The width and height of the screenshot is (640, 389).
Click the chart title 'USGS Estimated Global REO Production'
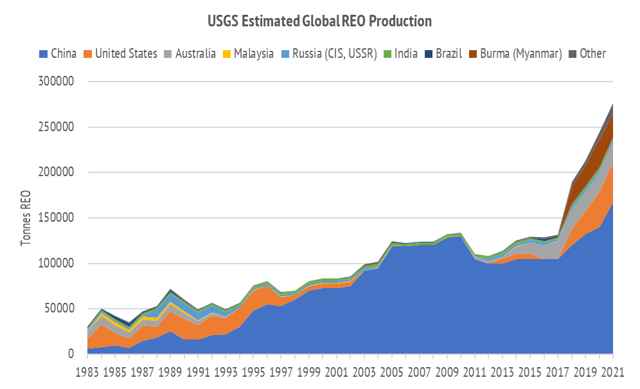(319, 21)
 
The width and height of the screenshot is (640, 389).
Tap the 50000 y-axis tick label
(60, 309)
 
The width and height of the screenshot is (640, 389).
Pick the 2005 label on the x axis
(392, 372)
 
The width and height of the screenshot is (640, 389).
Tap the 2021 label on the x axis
(613, 372)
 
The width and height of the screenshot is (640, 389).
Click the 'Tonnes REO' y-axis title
(26, 219)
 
